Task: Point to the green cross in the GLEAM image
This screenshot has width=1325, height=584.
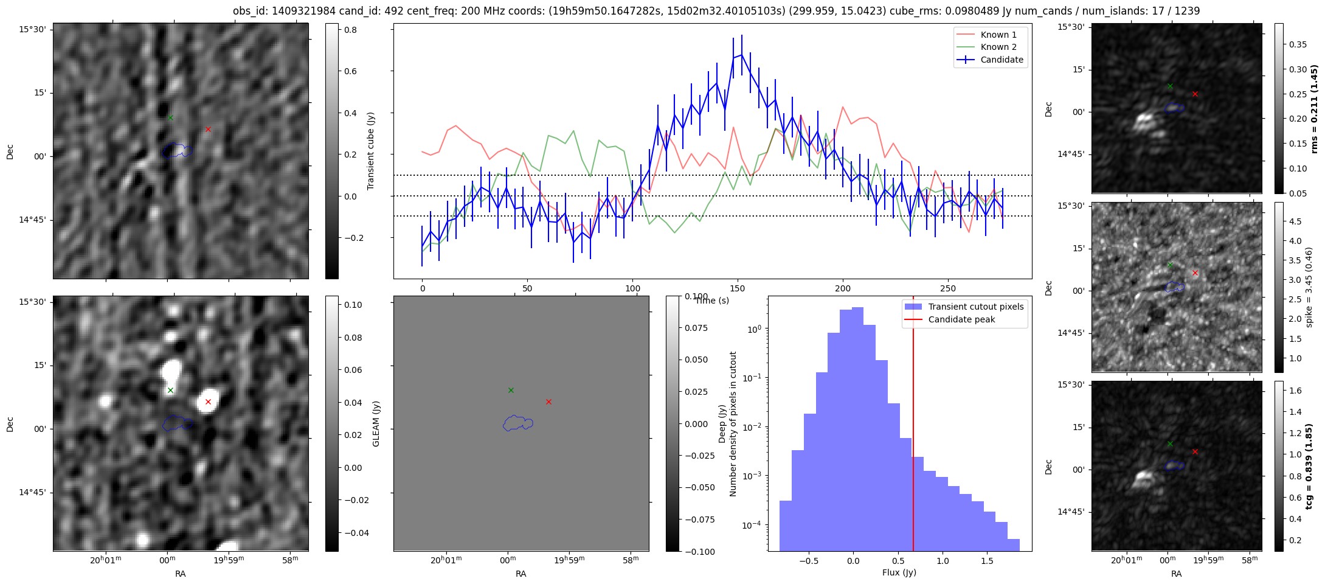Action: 170,390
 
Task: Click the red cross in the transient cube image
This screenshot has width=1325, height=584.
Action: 208,129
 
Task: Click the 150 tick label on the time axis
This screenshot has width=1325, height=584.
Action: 738,288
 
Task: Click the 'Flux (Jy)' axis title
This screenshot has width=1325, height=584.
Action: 899,572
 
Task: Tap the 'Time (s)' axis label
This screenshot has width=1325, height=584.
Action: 712,301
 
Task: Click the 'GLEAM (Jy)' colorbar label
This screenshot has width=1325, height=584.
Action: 376,423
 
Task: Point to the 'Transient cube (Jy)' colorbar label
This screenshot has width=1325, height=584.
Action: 370,151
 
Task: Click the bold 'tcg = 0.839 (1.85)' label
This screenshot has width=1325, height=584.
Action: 1310,466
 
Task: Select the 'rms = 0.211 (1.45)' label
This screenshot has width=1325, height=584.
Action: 1314,108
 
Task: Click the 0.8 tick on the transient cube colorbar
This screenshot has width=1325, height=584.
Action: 350,30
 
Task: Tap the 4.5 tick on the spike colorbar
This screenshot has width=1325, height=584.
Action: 1295,221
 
